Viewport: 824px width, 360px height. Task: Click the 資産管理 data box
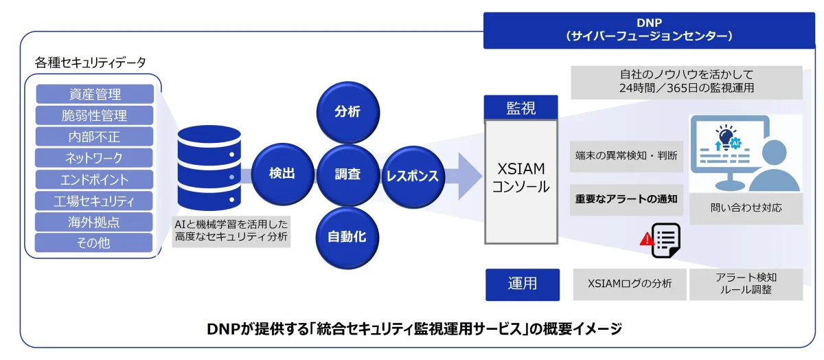coord(94,94)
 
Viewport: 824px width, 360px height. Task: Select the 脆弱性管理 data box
coord(94,115)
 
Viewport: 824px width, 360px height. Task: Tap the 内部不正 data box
coord(94,137)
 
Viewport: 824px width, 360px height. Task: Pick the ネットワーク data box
coord(94,158)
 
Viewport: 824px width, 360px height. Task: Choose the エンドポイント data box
coord(94,179)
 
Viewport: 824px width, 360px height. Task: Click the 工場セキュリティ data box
coord(94,201)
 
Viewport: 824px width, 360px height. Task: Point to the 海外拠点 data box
coord(94,221)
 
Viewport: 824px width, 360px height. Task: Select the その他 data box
coord(94,243)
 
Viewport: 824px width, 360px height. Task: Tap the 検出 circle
coord(282,174)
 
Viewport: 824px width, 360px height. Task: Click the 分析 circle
coord(347,112)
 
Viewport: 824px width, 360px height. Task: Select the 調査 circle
coord(347,175)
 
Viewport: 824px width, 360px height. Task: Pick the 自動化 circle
coord(347,238)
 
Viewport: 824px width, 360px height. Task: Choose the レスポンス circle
coord(412,176)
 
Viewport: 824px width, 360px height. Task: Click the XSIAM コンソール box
coord(521,178)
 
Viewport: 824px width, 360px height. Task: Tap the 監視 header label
coord(521,108)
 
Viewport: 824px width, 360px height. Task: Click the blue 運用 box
coord(522,284)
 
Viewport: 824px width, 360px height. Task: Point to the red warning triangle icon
coord(646,238)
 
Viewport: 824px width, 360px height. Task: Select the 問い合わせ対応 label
coord(746,207)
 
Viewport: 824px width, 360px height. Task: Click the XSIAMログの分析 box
coord(630,284)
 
